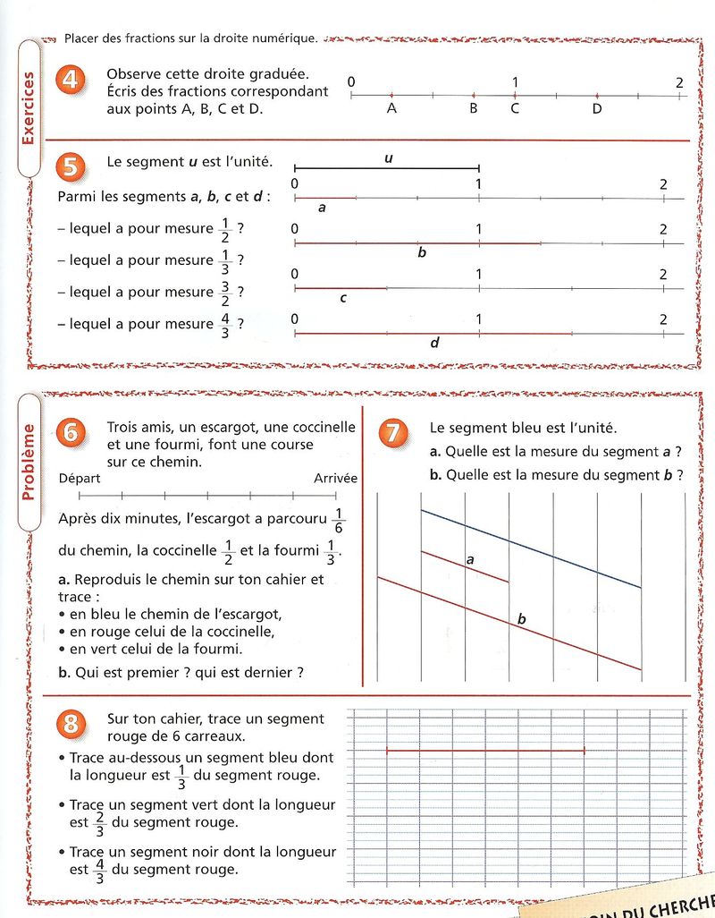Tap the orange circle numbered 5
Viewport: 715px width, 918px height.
click(71, 167)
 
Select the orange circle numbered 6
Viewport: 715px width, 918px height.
click(71, 434)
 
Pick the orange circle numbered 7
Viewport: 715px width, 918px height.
click(394, 434)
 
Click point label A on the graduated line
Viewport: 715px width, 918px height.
click(391, 109)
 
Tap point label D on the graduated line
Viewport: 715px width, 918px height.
click(597, 109)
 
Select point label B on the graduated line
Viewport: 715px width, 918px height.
click(474, 109)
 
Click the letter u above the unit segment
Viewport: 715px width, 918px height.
click(388, 158)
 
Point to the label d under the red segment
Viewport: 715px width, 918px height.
click(435, 343)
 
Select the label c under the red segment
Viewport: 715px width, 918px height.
click(343, 298)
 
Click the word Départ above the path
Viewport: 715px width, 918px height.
click(79, 479)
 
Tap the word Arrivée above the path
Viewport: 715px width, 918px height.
click(335, 479)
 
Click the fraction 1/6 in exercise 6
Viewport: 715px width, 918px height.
click(337, 518)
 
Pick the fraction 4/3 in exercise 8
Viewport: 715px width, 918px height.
click(99, 868)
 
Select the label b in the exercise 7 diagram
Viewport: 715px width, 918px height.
click(522, 619)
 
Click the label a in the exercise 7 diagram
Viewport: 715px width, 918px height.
click(469, 560)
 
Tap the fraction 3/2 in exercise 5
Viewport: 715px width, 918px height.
click(225, 292)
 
